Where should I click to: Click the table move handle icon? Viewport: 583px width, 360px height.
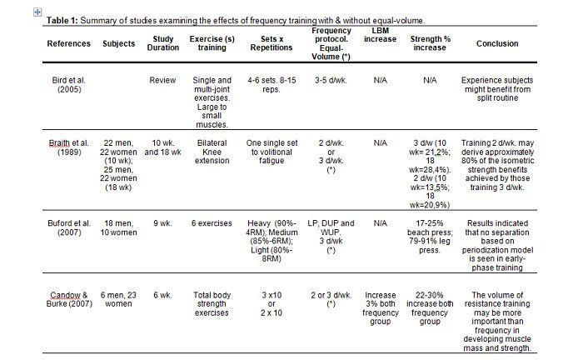(x=37, y=12)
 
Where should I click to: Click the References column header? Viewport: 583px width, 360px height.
(x=69, y=43)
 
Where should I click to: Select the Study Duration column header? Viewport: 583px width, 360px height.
(x=163, y=43)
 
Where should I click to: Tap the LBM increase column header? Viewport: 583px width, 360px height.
(x=380, y=35)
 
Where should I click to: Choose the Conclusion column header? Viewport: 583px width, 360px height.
(x=497, y=43)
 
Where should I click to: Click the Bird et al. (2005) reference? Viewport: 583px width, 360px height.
(x=69, y=85)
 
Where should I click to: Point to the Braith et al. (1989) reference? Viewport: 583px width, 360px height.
(x=69, y=147)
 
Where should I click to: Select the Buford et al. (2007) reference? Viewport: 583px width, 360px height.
(x=69, y=227)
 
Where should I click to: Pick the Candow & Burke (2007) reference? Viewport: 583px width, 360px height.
(x=69, y=299)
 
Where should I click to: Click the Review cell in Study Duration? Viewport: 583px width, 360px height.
(x=162, y=80)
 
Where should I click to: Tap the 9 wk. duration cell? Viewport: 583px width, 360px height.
(x=163, y=223)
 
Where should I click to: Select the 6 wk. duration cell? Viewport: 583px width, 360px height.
(x=163, y=295)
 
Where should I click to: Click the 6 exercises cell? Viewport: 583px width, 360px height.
(x=212, y=223)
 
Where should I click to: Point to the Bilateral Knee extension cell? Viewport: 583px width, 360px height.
(x=212, y=152)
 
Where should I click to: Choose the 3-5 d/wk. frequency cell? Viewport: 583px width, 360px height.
(x=331, y=80)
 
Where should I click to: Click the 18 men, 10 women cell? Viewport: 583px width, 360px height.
(x=118, y=227)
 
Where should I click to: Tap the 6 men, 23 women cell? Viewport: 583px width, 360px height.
(x=118, y=299)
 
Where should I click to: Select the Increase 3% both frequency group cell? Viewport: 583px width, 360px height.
(x=381, y=308)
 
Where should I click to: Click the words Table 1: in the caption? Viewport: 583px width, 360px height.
(x=62, y=21)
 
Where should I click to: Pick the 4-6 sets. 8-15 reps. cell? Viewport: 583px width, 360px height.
(x=272, y=85)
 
